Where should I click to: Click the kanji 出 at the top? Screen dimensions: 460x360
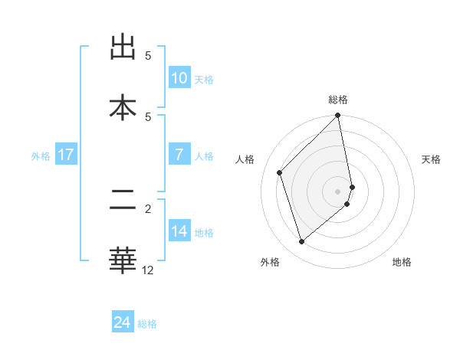[x=122, y=48]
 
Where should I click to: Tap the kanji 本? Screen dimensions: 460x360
[x=122, y=107]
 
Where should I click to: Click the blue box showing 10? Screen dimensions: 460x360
[x=179, y=78]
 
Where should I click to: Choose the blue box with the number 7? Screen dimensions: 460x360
[x=179, y=155]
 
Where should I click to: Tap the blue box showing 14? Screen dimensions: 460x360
[x=179, y=231]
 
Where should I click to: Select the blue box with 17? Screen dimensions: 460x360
[x=65, y=155]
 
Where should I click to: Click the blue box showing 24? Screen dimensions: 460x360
[x=122, y=322]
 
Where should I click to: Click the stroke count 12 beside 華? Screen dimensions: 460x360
[x=147, y=270]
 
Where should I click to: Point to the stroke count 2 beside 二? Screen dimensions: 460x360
[x=148, y=208]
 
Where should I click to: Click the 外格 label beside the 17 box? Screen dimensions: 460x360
[x=41, y=155]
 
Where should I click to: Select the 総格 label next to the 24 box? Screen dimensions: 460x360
[x=147, y=324]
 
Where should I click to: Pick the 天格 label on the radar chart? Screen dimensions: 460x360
[x=431, y=159]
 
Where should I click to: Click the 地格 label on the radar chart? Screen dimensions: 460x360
[x=402, y=262]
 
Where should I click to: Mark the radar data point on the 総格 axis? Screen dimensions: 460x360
[x=338, y=116]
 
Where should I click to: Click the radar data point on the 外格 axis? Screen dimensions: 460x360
[x=301, y=242]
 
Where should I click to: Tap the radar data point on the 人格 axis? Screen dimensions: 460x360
[x=280, y=172]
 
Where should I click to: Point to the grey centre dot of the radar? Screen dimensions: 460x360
[x=338, y=191]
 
